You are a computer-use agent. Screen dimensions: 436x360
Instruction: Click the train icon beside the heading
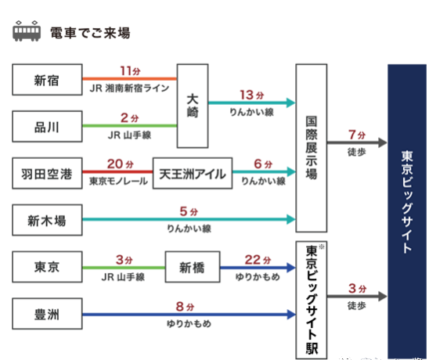pos(27,31)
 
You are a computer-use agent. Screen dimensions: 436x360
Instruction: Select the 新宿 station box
pos(47,80)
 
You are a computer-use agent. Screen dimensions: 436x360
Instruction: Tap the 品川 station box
pos(47,127)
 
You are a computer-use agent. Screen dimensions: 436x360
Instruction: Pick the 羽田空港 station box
pos(47,173)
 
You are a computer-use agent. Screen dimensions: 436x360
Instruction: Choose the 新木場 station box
pos(47,220)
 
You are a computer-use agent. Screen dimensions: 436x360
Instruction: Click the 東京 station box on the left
pos(47,267)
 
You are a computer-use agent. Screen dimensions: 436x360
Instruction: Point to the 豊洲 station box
pos(47,314)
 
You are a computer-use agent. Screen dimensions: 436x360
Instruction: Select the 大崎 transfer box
pos(193,106)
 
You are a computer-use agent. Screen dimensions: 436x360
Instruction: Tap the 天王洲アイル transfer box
pos(193,173)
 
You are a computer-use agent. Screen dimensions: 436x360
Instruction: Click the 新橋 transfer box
pos(193,267)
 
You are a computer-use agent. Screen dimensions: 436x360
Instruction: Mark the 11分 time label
pos(130,71)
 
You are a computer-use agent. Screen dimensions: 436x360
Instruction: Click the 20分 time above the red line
pos(121,164)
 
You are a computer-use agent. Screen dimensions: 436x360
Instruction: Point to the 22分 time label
pos(258,260)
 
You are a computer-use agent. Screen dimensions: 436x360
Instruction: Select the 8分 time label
pos(185,307)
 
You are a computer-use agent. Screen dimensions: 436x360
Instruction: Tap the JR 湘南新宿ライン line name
pos(130,88)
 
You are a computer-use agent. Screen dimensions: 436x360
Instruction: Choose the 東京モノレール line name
pos(118,182)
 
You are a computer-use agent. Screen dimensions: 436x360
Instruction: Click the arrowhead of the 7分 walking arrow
pos(383,142)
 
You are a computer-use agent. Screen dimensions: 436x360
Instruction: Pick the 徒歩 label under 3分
pos(356,305)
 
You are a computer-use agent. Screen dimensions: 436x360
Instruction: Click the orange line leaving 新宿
pos(130,79)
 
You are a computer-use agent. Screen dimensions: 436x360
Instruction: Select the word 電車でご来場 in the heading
pos(90,33)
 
